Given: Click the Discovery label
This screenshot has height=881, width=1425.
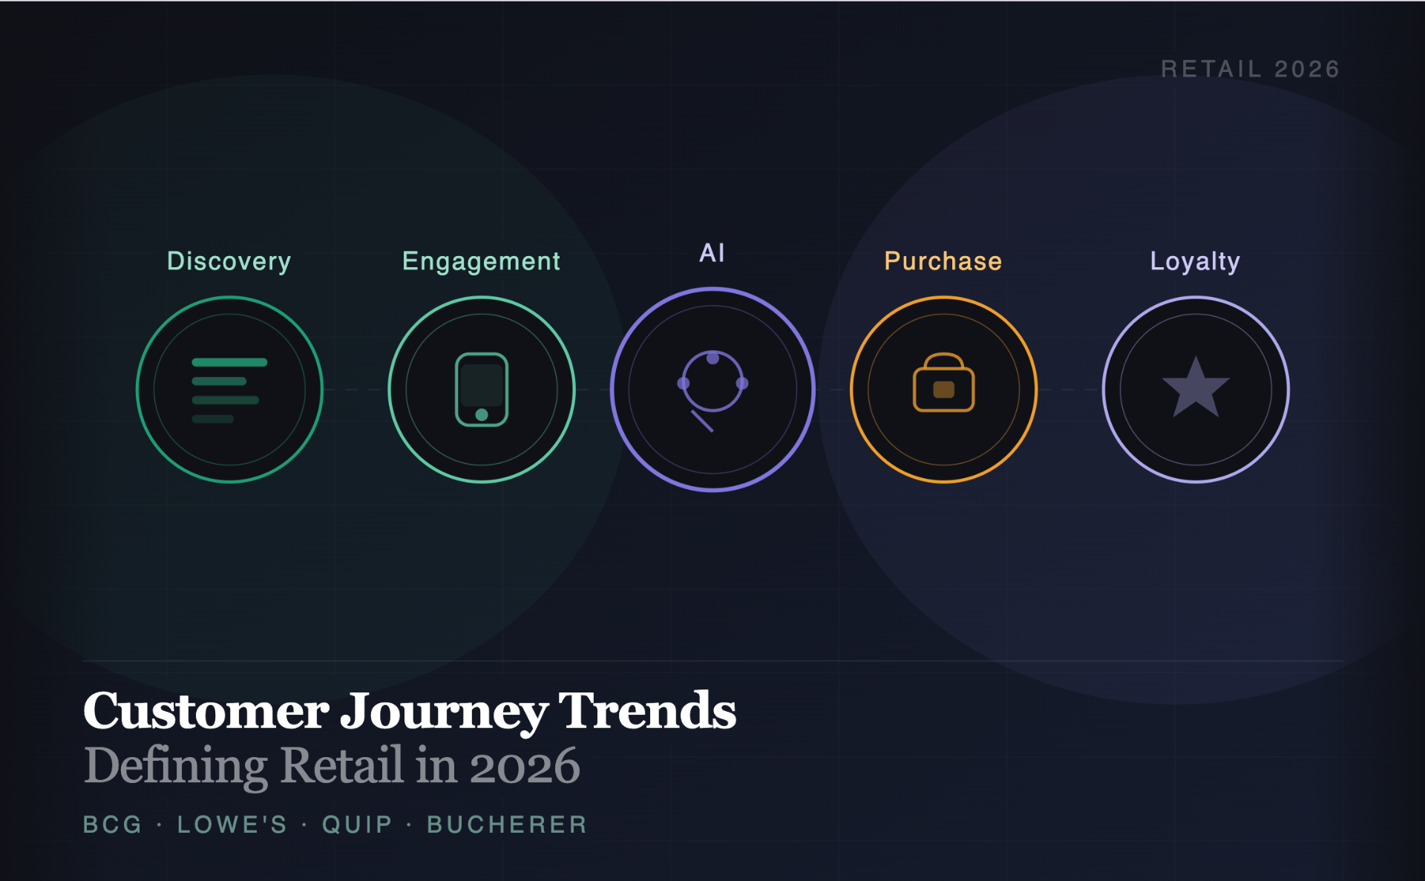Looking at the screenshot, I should (229, 261).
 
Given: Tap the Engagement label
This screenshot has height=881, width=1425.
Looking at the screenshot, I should (481, 261).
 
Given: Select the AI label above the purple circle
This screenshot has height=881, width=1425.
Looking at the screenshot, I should (712, 253).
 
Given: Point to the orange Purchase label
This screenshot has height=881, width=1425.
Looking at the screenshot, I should (943, 261).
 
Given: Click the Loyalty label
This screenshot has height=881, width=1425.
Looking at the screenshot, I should (1195, 261).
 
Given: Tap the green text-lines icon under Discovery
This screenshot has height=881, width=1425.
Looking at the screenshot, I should (229, 390).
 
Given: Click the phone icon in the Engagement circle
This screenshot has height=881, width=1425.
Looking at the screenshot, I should (482, 390).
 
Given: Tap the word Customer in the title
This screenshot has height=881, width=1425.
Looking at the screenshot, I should (206, 711).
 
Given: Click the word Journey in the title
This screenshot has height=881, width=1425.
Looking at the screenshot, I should (444, 711).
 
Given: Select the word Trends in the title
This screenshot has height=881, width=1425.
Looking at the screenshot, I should (647, 711).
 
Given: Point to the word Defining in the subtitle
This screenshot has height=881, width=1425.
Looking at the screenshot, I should (176, 766).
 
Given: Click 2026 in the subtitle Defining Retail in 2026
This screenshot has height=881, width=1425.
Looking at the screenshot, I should (525, 766).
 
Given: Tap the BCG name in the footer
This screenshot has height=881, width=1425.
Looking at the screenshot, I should (112, 825).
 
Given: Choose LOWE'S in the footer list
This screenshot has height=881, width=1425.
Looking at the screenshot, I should (232, 825).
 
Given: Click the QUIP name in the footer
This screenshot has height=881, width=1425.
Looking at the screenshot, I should (357, 825).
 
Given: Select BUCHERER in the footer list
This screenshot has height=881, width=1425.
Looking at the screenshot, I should (507, 825).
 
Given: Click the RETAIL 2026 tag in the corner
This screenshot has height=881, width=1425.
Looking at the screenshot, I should (1251, 69).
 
